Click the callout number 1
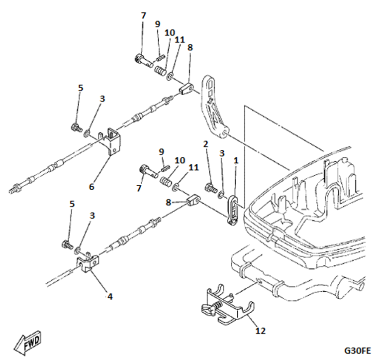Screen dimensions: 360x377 coord(236,160)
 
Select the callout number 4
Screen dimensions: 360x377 coord(110,297)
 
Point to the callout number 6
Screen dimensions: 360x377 coord(92,187)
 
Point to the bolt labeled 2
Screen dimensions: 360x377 coord(210,189)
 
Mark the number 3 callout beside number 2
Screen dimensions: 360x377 coord(222,152)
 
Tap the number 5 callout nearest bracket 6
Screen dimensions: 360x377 coord(81,88)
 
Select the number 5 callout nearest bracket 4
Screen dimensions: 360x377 coord(72,204)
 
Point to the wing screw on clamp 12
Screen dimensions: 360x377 coord(210,309)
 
